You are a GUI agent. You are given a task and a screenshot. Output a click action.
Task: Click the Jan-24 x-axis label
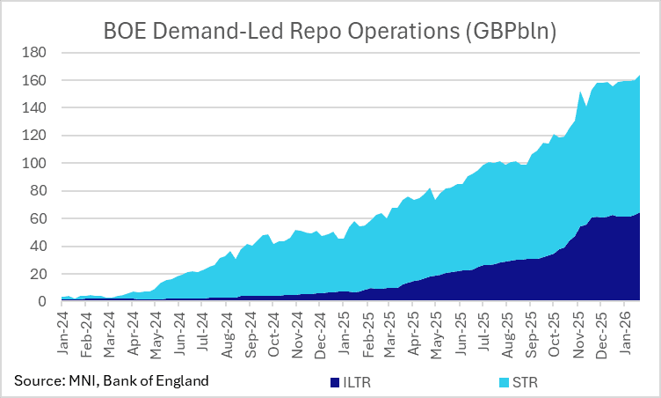pyautogui.click(x=64, y=333)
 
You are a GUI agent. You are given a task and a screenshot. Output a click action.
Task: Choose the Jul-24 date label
pyautogui.click(x=205, y=333)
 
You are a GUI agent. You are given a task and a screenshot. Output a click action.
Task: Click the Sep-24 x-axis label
pyautogui.click(x=251, y=333)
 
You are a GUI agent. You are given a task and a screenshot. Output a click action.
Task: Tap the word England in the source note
pyautogui.click(x=184, y=380)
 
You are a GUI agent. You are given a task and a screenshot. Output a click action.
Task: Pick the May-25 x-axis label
pyautogui.click(x=439, y=333)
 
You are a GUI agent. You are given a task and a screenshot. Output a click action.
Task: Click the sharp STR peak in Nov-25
pyautogui.click(x=580, y=92)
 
